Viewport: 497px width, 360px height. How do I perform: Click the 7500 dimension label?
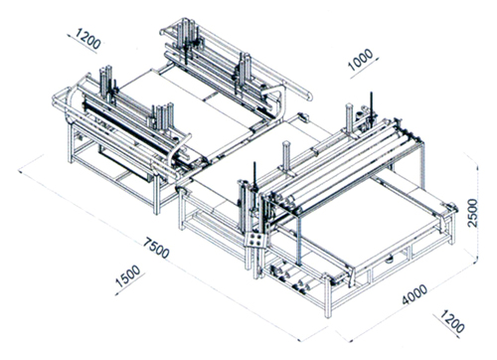tap(156, 248)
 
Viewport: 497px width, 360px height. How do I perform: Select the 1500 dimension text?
tap(127, 276)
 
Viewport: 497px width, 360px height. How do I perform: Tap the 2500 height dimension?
tap(472, 213)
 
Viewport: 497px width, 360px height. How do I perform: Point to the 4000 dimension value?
tap(414, 294)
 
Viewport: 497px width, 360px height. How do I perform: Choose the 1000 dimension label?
tap(361, 60)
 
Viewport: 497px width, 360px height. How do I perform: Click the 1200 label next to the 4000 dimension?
tap(453, 321)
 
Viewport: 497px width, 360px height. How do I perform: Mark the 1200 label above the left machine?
tap(88, 38)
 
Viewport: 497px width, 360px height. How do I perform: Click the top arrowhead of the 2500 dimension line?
tap(477, 168)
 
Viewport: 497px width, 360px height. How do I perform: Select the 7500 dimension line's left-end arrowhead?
tap(21, 172)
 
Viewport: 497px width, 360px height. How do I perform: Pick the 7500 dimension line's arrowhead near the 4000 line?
tap(300, 339)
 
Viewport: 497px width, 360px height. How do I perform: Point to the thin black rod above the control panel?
tap(254, 176)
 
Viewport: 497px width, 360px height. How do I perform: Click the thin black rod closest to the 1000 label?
tap(372, 104)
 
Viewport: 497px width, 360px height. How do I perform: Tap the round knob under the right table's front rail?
tap(390, 259)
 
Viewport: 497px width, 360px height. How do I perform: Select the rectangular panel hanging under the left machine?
tap(127, 163)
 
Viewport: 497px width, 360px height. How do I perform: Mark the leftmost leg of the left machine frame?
tap(71, 142)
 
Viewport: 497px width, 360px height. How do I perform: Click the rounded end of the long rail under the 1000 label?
tap(310, 95)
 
